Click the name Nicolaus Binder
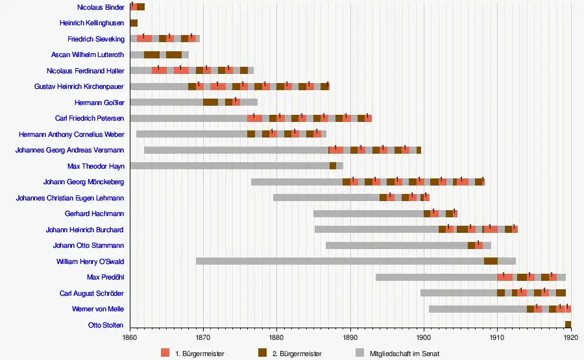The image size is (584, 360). (x=100, y=7)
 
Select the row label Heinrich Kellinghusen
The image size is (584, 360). (x=91, y=23)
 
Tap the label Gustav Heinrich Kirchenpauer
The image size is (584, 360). (x=79, y=86)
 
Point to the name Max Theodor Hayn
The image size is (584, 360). (x=95, y=166)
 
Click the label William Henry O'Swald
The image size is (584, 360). (x=90, y=261)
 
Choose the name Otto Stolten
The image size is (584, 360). (x=106, y=325)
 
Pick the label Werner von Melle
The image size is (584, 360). (x=98, y=309)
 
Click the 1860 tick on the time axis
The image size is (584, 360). (x=130, y=337)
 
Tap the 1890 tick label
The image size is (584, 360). (x=350, y=337)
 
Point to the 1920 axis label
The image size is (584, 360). (x=571, y=337)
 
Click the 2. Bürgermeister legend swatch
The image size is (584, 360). (x=263, y=353)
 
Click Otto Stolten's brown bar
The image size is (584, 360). (x=568, y=324)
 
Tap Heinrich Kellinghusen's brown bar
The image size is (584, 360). (x=134, y=23)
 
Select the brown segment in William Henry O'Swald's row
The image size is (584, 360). (x=491, y=261)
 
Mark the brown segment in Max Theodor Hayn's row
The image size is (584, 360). (x=333, y=165)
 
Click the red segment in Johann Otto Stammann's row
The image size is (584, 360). (x=479, y=245)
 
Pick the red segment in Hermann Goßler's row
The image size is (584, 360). (x=236, y=102)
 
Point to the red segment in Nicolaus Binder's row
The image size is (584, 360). (x=133, y=7)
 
